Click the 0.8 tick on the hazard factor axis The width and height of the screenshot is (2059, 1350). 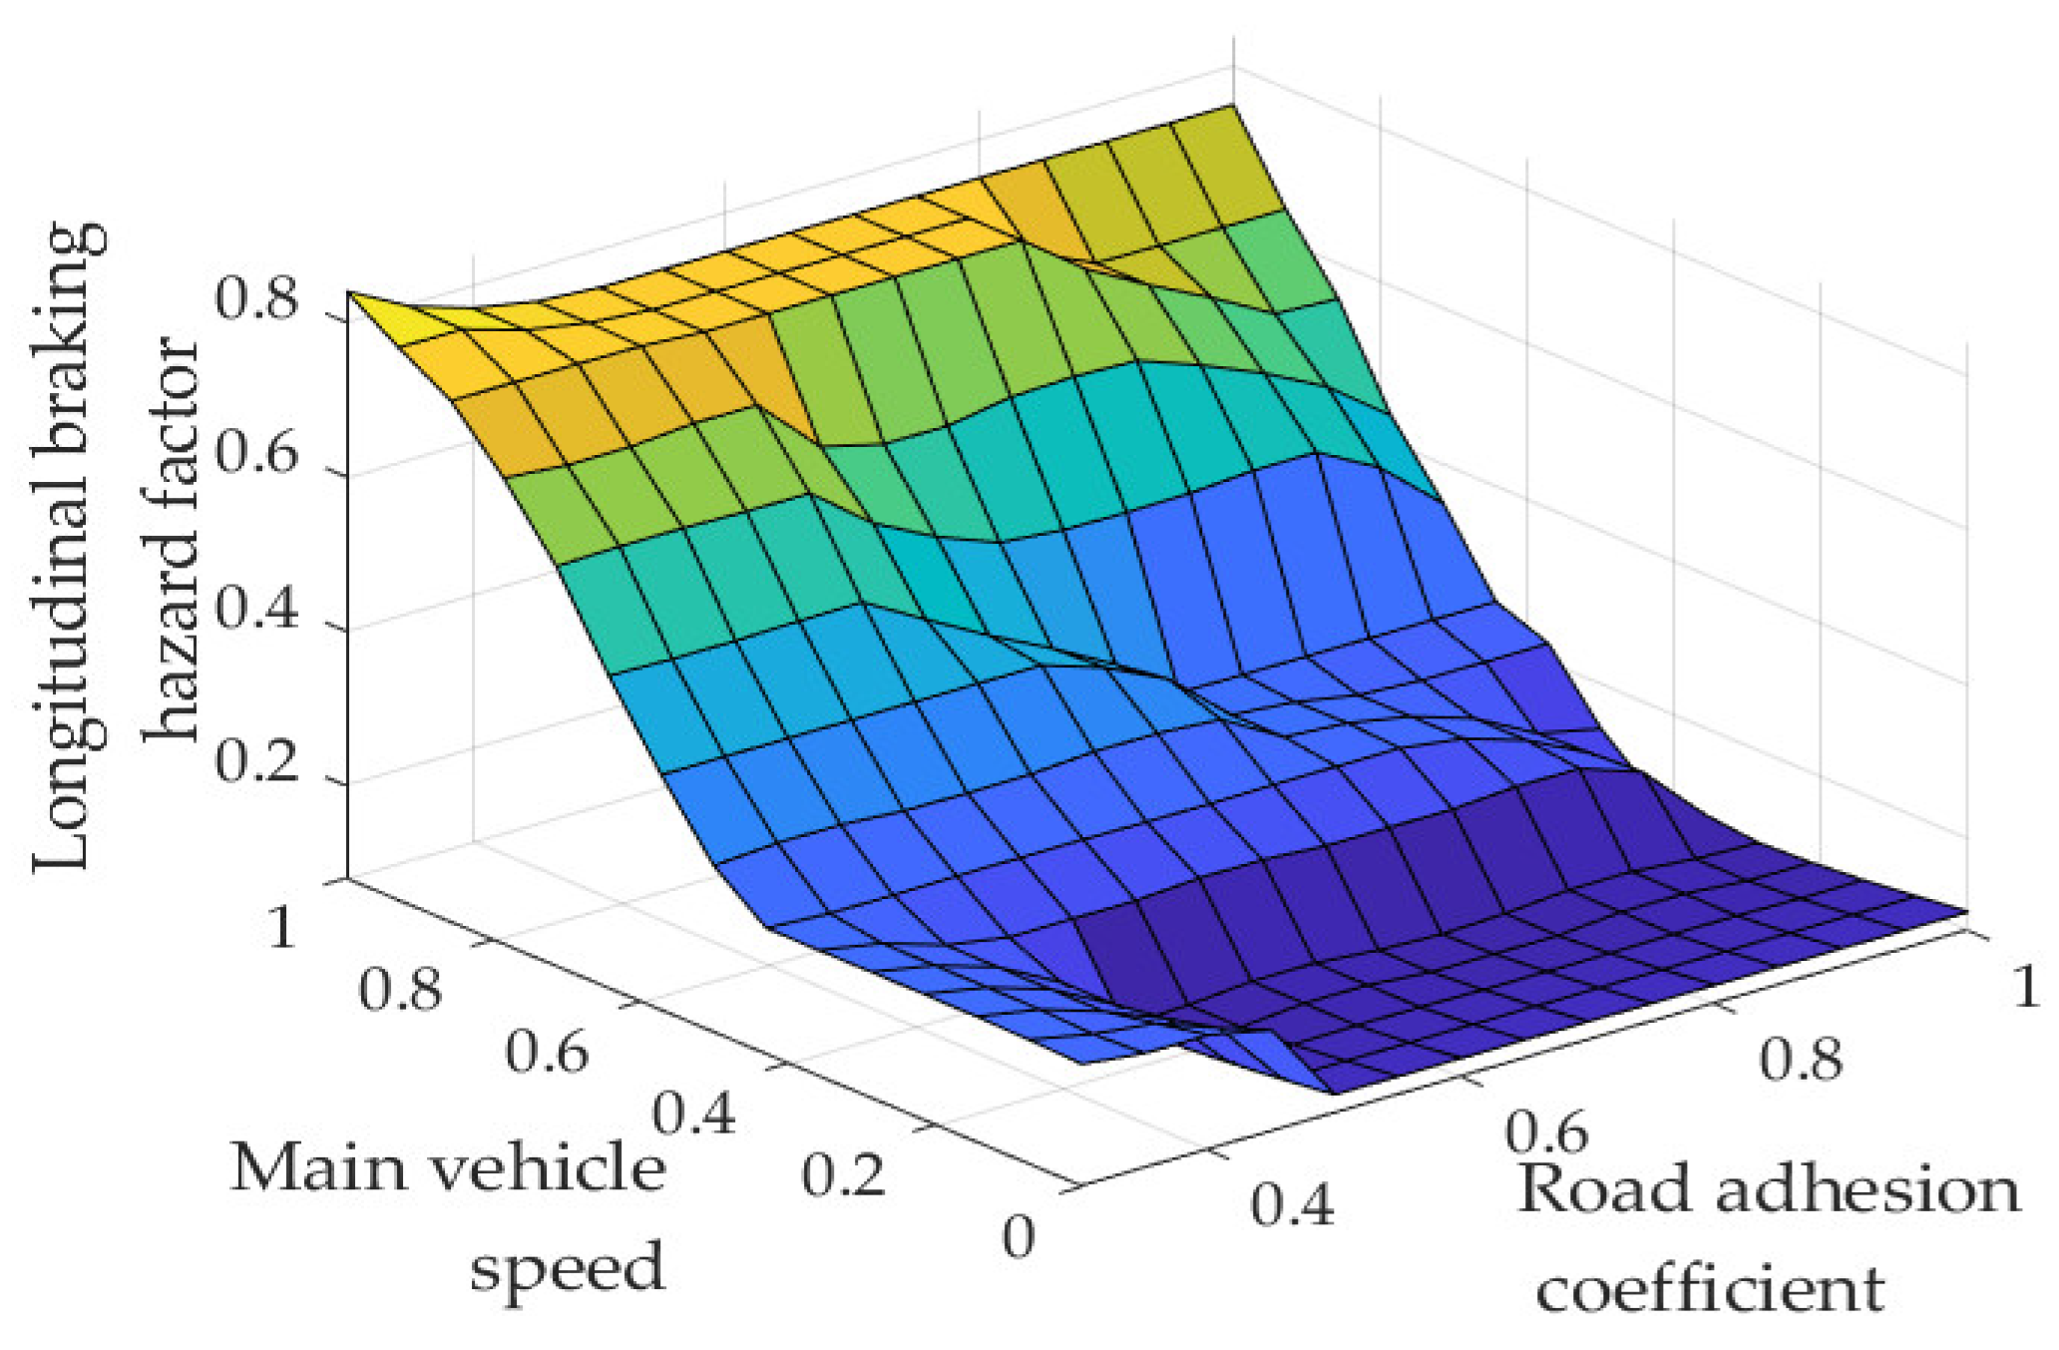(x=257, y=300)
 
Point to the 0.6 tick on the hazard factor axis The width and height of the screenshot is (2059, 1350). (x=257, y=456)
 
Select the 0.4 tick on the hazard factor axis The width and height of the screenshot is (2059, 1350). (x=257, y=611)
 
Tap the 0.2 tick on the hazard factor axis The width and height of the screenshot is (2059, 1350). (x=257, y=765)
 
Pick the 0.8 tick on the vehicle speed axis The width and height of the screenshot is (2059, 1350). (x=400, y=990)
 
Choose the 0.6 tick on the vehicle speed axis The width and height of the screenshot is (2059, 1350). (x=547, y=1052)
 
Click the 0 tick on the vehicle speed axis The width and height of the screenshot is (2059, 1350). (x=1019, y=1237)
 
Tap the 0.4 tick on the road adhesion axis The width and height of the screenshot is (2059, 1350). (x=1292, y=1204)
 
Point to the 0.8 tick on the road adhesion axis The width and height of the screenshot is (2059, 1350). (x=1799, y=1059)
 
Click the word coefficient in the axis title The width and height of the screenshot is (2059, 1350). (x=1710, y=1288)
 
